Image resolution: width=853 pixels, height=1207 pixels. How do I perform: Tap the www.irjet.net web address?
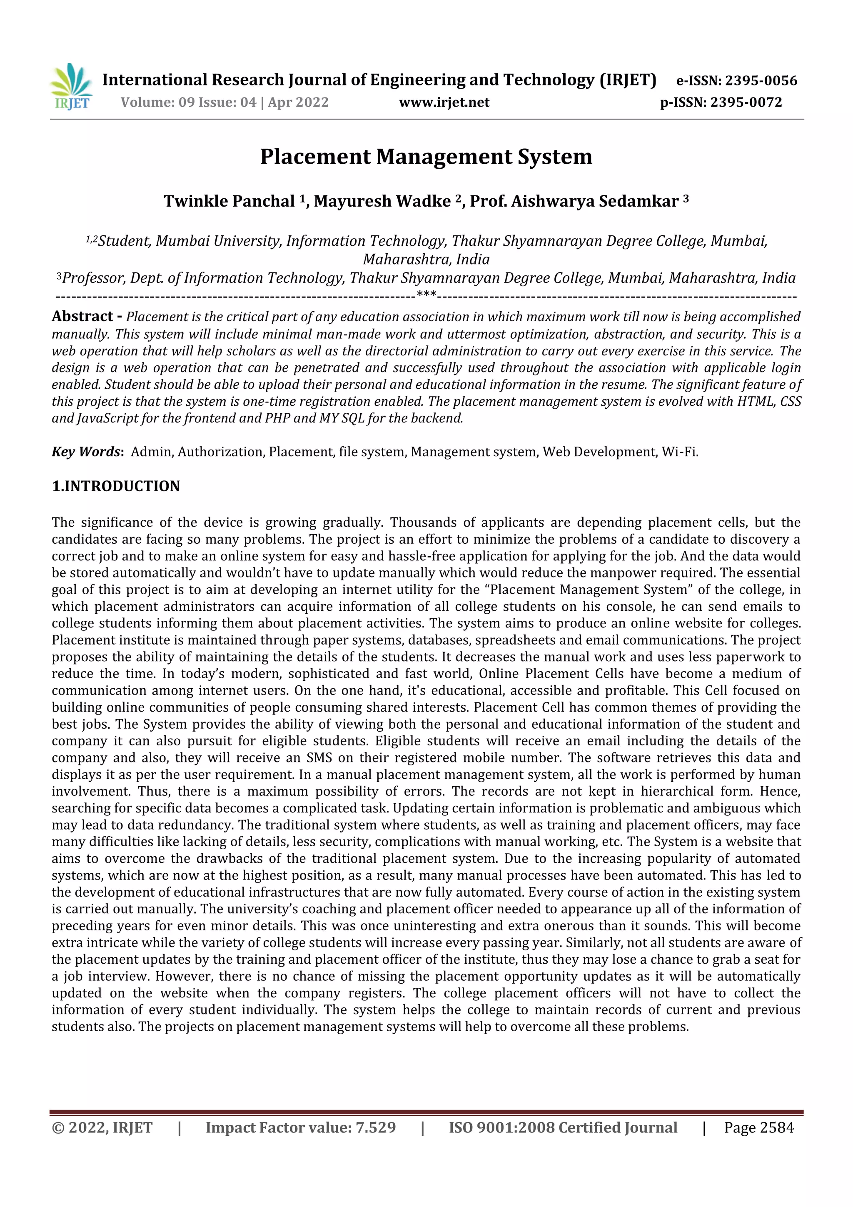[x=444, y=102]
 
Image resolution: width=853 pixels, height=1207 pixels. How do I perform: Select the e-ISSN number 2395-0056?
[x=761, y=80]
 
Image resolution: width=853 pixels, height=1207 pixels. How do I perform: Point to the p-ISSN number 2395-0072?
[x=746, y=102]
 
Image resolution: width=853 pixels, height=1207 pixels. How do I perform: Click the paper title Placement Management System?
[x=426, y=157]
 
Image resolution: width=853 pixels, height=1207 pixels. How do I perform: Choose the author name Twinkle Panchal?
[x=229, y=201]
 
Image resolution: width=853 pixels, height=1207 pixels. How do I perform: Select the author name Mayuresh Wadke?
[x=382, y=201]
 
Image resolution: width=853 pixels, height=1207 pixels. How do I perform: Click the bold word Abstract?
[x=82, y=317]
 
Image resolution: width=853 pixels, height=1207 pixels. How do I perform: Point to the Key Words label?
[x=86, y=452]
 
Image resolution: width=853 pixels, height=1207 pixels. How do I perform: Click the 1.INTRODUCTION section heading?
[x=116, y=486]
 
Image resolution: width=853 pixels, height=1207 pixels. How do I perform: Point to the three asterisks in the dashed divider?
[x=426, y=295]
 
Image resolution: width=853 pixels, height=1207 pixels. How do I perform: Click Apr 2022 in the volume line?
[x=298, y=102]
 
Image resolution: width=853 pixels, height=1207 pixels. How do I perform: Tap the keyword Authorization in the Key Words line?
[x=221, y=452]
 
